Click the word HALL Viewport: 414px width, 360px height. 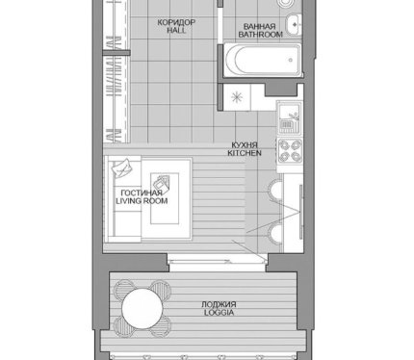click(176, 31)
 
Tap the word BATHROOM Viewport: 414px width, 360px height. click(260, 35)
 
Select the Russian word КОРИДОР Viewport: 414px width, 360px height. click(176, 22)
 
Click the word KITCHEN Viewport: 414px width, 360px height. click(245, 153)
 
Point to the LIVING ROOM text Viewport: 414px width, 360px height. click(142, 201)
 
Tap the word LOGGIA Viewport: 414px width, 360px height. click(219, 312)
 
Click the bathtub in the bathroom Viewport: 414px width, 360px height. click(263, 60)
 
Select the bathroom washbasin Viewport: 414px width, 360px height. click(294, 24)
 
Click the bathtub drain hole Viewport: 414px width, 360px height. click(291, 60)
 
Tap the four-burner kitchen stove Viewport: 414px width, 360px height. click(290, 151)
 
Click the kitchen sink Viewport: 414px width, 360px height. click(290, 116)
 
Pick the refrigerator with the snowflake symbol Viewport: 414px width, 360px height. click(237, 97)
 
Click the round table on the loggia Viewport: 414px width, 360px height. click(142, 308)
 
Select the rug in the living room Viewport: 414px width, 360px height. click(165, 198)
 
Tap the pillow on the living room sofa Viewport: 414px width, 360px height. click(121, 167)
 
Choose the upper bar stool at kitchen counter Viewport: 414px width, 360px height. click(274, 192)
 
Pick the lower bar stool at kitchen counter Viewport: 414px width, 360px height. click(274, 234)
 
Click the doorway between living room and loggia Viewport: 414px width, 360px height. click(218, 259)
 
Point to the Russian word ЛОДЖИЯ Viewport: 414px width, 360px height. click(219, 304)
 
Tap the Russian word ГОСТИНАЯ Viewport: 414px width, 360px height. click(142, 193)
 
